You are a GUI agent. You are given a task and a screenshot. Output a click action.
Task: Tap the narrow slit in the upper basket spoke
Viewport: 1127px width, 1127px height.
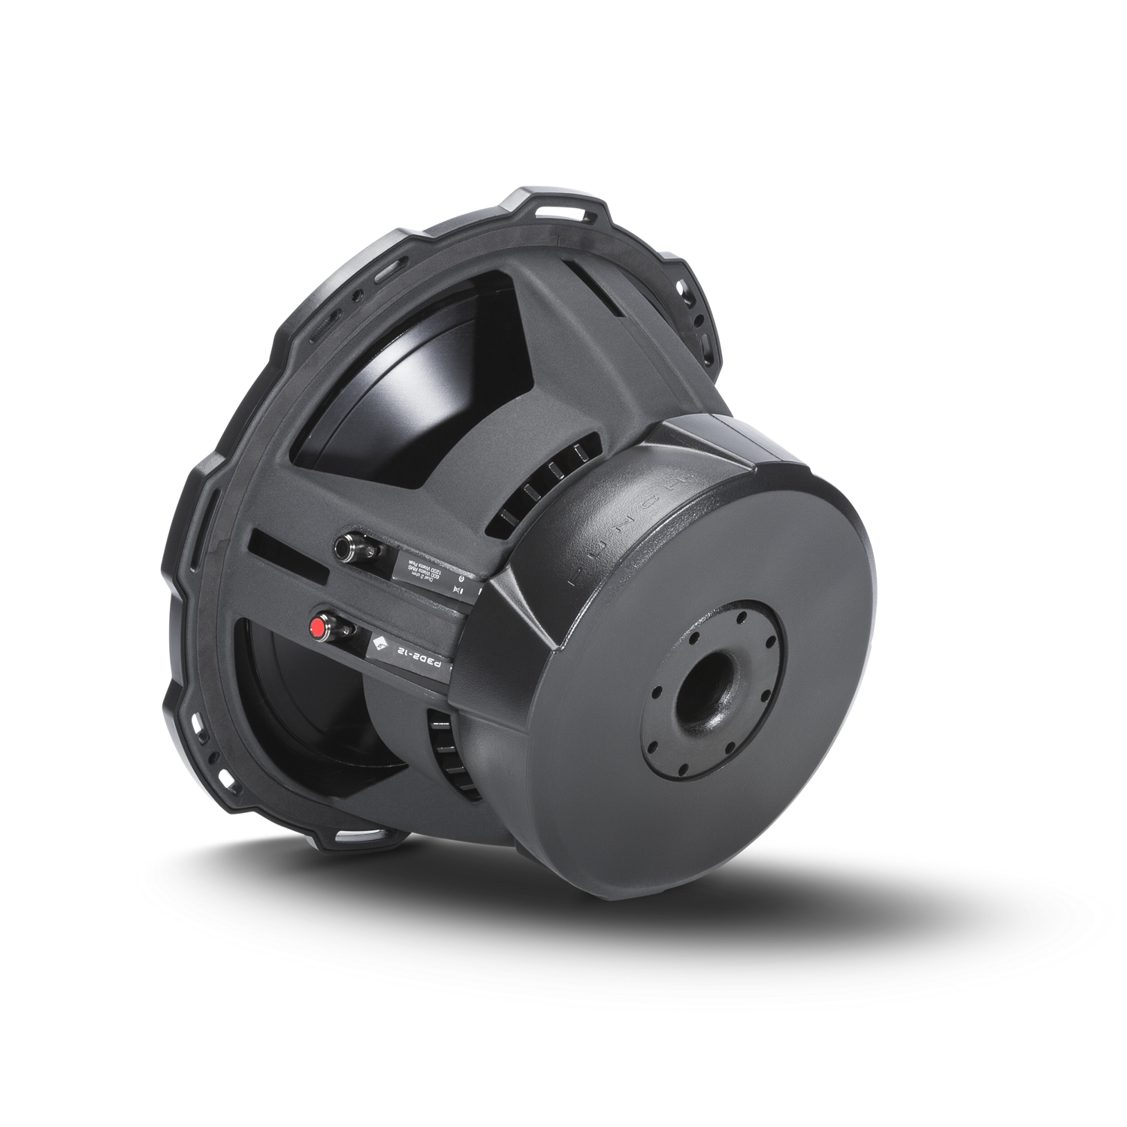(x=594, y=283)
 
